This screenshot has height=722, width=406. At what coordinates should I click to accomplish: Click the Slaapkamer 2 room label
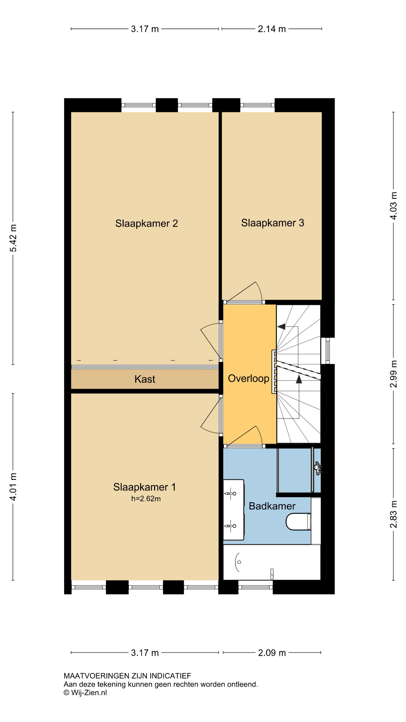point(147,223)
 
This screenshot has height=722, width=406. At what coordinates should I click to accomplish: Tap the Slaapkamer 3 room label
point(272,223)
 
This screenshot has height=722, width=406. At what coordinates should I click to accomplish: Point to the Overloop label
point(248,379)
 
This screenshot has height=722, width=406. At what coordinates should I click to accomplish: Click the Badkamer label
point(272,506)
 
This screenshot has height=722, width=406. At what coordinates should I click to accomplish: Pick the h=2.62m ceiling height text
point(146,499)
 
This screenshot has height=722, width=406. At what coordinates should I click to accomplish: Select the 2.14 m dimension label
point(271,29)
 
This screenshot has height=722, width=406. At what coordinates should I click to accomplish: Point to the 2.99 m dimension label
point(393,374)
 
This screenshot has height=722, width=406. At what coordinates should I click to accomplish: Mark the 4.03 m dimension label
point(393,206)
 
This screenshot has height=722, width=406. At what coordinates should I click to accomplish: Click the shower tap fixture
point(317,468)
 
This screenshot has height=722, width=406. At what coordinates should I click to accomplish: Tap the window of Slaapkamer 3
point(257,105)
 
